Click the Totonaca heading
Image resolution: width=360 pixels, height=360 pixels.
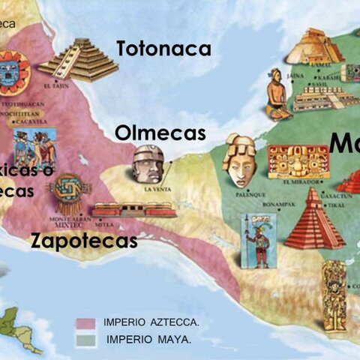163,49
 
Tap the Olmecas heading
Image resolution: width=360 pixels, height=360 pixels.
160,133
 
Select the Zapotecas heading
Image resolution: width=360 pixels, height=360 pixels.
84,241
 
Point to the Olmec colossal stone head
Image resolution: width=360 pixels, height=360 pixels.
148,163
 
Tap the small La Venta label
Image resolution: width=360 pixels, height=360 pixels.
157,190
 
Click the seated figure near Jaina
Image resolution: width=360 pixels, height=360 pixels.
277,95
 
